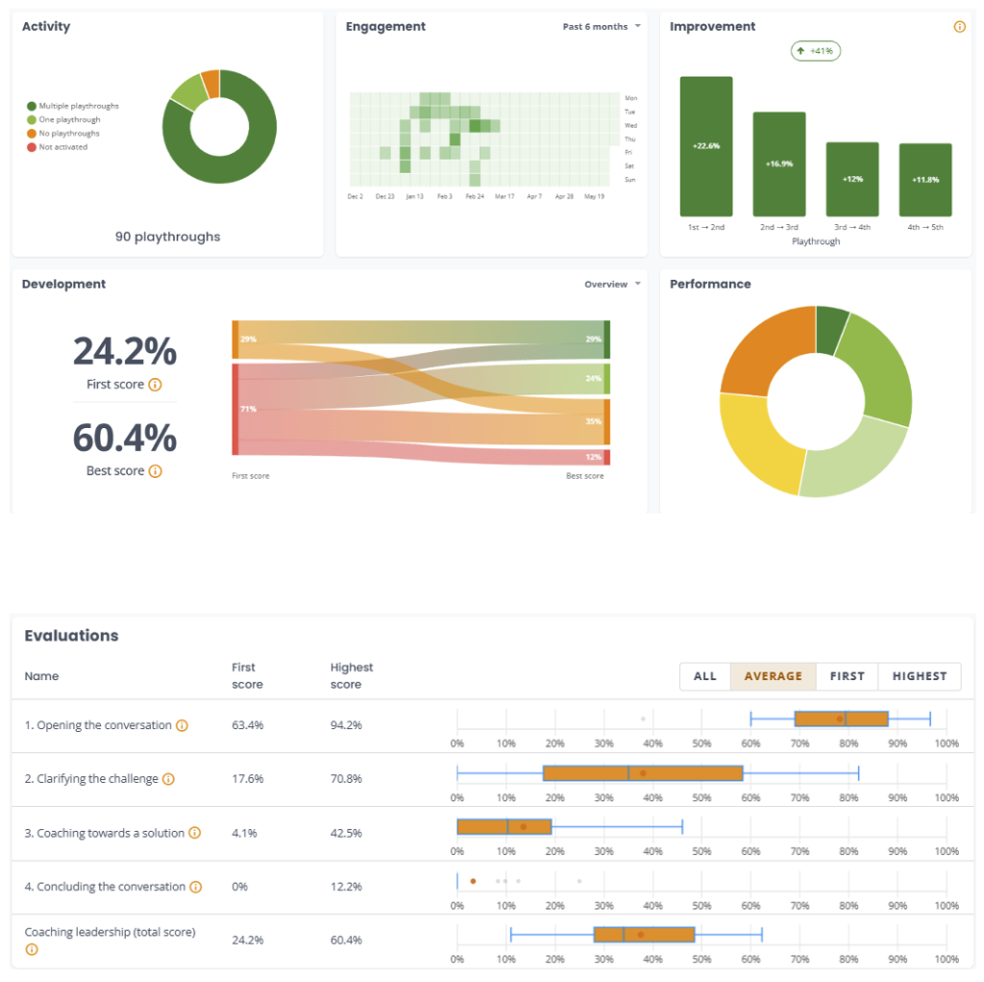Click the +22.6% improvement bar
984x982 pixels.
pos(706,146)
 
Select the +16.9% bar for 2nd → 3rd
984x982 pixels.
pos(778,164)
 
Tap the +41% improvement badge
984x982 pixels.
pos(815,51)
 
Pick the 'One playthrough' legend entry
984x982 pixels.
pos(63,119)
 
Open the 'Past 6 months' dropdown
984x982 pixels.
pos(602,26)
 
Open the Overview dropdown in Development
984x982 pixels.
pos(612,284)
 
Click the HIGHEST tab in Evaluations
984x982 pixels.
pos(920,676)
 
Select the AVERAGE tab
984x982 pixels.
pos(774,676)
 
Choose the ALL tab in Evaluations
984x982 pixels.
pos(704,676)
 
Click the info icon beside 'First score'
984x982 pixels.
pos(155,385)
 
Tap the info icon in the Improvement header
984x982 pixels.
pos(960,26)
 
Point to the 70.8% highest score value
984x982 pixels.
pos(346,779)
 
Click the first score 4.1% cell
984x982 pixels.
pos(244,833)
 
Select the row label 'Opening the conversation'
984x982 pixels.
pos(104,725)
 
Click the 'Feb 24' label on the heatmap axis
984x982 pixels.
pos(475,196)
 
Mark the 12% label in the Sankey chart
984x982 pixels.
pos(594,457)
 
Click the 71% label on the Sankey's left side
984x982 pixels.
pos(249,409)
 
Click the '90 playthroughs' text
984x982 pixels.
pos(167,237)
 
